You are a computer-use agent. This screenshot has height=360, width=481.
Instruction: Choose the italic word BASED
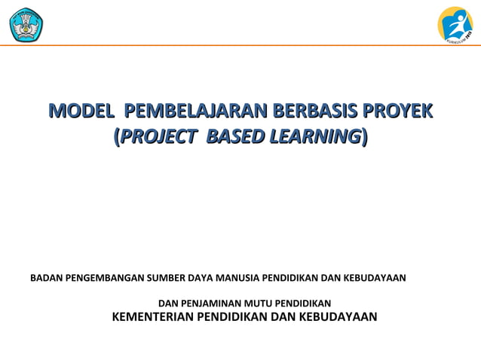click(234, 137)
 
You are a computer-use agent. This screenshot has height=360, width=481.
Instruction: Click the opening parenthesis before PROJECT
click(115, 137)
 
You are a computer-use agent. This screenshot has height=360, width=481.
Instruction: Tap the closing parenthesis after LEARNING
click(366, 137)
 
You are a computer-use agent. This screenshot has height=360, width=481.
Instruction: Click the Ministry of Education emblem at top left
click(26, 24)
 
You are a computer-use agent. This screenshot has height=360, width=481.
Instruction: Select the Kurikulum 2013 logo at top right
click(455, 24)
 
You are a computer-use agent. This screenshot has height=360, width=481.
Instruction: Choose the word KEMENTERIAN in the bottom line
click(152, 316)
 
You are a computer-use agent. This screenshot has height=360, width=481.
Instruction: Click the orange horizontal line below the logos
click(240, 45)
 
